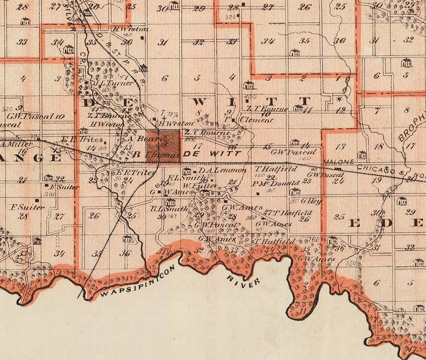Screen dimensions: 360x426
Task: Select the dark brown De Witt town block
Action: tap(163, 146)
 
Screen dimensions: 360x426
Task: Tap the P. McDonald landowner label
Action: tap(275, 183)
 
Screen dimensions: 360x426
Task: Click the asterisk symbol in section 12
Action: tap(339, 99)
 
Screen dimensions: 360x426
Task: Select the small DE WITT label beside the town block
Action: tap(212, 154)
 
